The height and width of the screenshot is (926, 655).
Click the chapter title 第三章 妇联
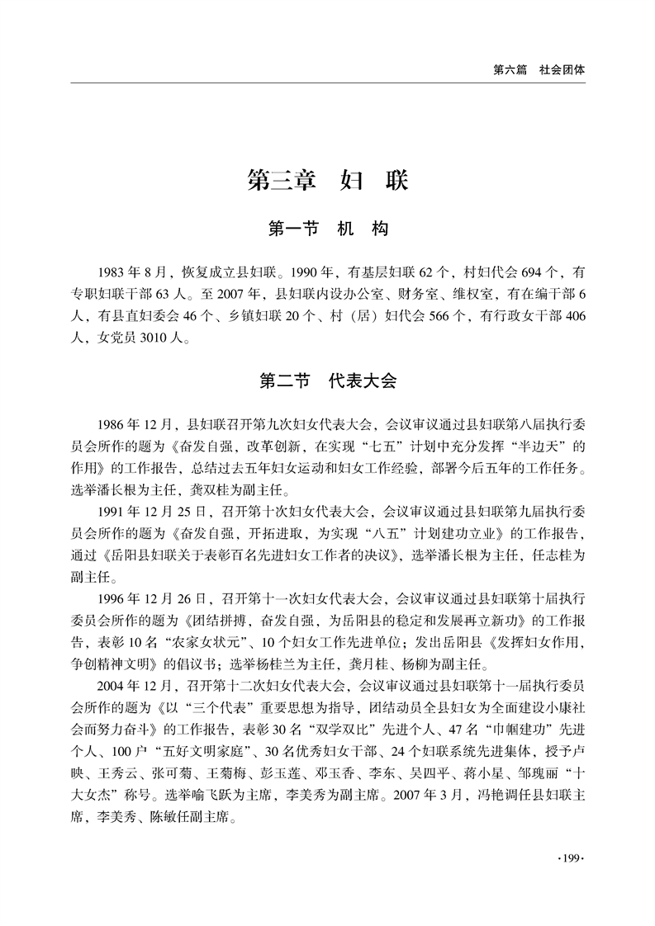(x=328, y=181)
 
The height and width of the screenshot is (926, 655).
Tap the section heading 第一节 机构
(x=328, y=229)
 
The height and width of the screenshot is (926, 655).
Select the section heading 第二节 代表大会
(x=328, y=380)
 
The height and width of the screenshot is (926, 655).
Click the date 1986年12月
(x=135, y=425)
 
